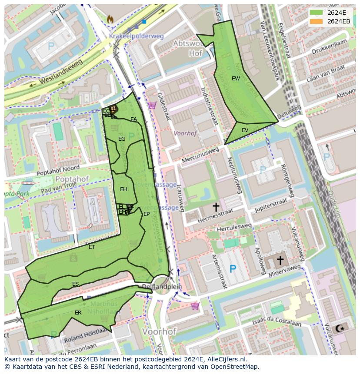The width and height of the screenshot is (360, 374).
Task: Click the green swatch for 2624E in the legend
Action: (317, 13)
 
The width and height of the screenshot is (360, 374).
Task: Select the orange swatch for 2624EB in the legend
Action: (317, 21)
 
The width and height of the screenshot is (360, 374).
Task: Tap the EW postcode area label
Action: (236, 79)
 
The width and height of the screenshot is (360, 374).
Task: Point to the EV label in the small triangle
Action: (245, 130)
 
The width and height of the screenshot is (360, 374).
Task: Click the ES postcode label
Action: (75, 284)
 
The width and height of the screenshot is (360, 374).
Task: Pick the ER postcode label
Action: (78, 313)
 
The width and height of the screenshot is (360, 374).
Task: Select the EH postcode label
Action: (123, 189)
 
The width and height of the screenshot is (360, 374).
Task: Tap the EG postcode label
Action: (122, 139)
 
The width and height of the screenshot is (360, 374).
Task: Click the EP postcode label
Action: (147, 214)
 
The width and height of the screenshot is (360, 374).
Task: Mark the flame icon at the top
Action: (110, 19)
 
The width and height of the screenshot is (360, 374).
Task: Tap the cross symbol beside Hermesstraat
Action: (216, 207)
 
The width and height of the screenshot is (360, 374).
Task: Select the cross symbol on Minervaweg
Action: (280, 260)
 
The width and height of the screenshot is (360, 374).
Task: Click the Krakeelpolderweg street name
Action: (137, 36)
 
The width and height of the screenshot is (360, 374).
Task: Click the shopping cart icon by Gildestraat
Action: (152, 105)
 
